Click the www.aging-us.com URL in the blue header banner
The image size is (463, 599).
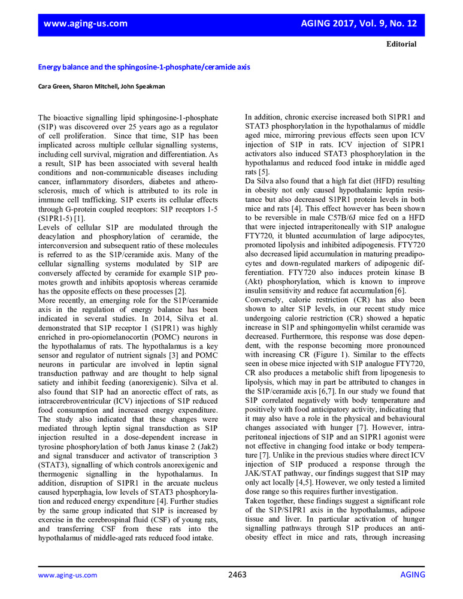tap(85, 23)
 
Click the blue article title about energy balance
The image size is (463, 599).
tap(144, 67)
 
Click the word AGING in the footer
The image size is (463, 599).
tap(413, 575)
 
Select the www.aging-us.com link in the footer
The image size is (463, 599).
tap(67, 575)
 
